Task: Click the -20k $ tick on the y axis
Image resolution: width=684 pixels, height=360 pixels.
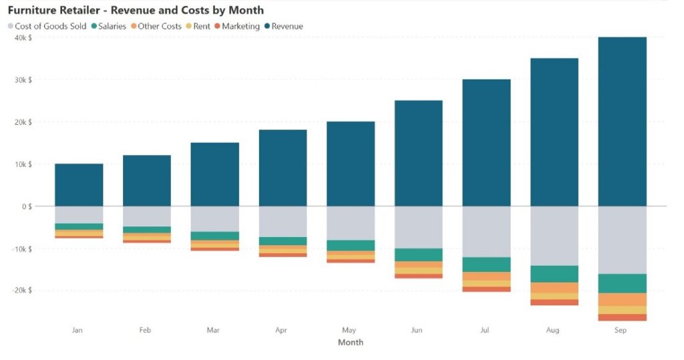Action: (x=20, y=291)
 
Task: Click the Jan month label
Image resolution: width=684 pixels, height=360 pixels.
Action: (x=78, y=330)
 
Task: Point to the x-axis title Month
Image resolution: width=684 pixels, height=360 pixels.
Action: (x=351, y=343)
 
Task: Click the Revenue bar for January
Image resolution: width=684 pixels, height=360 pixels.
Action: (x=79, y=185)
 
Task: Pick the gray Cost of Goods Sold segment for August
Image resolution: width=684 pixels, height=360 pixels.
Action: (x=554, y=236)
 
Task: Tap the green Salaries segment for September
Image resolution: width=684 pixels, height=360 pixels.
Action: (x=622, y=283)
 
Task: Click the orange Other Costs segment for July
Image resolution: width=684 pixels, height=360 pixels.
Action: (x=486, y=276)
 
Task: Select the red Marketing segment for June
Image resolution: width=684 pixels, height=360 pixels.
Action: (x=418, y=276)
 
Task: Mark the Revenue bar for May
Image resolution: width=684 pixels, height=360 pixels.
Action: (x=350, y=164)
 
